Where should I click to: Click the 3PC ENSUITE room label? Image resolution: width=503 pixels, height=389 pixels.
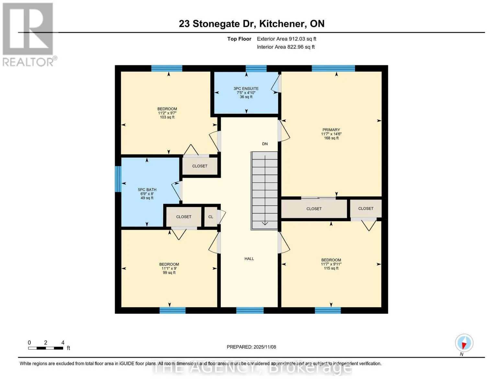click(x=246, y=88)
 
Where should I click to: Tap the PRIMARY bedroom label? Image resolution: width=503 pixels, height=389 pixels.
click(x=331, y=130)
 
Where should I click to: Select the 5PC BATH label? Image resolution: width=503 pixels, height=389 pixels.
click(x=147, y=190)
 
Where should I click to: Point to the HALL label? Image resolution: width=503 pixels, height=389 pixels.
click(x=249, y=259)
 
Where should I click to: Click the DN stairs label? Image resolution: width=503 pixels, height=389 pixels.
click(x=265, y=144)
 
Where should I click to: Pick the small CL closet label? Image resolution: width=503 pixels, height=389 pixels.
click(x=211, y=217)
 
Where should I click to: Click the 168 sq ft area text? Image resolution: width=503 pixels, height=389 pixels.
click(x=331, y=138)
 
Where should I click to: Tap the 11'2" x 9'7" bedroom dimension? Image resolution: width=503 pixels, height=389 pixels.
click(x=167, y=113)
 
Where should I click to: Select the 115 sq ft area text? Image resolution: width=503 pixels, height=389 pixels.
click(x=331, y=268)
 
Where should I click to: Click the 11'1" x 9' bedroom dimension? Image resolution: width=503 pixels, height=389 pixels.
click(x=169, y=268)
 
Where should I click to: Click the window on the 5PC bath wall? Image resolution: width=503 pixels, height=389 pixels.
click(x=118, y=179)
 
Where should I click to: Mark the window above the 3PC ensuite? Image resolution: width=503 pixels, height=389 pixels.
click(x=256, y=69)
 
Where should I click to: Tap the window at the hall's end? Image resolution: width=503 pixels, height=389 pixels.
click(x=250, y=310)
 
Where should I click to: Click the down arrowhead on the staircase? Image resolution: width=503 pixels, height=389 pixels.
click(x=265, y=223)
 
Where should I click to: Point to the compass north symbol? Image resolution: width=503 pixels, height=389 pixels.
click(x=464, y=343)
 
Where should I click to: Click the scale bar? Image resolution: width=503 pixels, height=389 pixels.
click(x=46, y=348)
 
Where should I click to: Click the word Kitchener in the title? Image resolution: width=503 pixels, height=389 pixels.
click(x=282, y=24)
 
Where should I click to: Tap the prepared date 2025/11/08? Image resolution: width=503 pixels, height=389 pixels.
click(x=265, y=347)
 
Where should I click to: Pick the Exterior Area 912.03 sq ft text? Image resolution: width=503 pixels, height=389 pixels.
click(x=287, y=39)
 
